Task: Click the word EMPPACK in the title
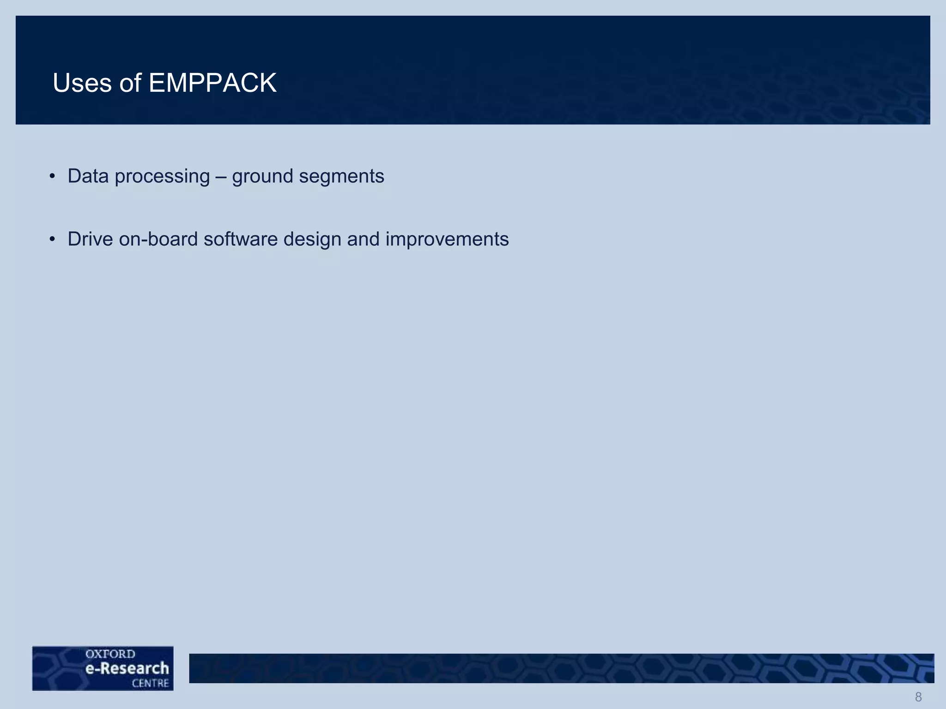point(212,83)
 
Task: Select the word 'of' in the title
point(130,83)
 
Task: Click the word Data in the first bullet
point(88,176)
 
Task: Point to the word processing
point(162,177)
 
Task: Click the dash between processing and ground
point(221,177)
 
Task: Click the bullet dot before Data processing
point(53,176)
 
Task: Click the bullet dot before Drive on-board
point(53,239)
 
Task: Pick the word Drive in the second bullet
point(90,239)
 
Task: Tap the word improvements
point(447,240)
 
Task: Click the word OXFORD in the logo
point(110,654)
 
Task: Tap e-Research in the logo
point(127,668)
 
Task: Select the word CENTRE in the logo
point(150,683)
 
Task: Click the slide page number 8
point(918,697)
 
